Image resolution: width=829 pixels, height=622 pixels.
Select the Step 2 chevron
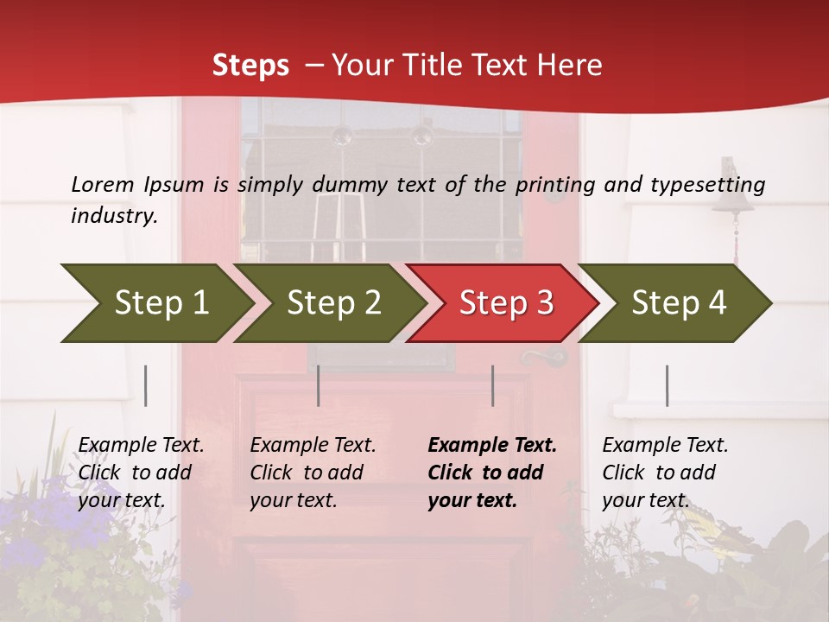[x=333, y=303]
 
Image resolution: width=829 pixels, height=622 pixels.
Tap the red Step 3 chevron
[x=506, y=303]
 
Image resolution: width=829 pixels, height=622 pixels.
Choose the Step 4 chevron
[x=679, y=303]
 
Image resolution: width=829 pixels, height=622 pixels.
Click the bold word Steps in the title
[x=250, y=65]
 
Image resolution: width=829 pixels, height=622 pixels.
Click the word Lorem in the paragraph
[x=102, y=184]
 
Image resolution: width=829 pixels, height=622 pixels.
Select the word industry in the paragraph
[x=112, y=215]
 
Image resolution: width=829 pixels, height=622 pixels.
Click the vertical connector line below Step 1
[x=145, y=385]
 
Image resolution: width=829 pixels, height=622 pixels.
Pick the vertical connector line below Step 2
[x=318, y=385]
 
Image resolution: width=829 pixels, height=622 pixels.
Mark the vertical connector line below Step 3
[x=492, y=385]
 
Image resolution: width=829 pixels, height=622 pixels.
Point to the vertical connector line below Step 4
[x=667, y=385]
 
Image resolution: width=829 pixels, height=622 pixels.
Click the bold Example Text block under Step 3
[x=492, y=473]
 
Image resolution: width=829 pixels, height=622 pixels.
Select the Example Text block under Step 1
[x=141, y=473]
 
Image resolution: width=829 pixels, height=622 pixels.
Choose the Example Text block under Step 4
[x=665, y=473]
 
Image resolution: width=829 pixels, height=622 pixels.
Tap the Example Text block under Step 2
[x=313, y=473]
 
